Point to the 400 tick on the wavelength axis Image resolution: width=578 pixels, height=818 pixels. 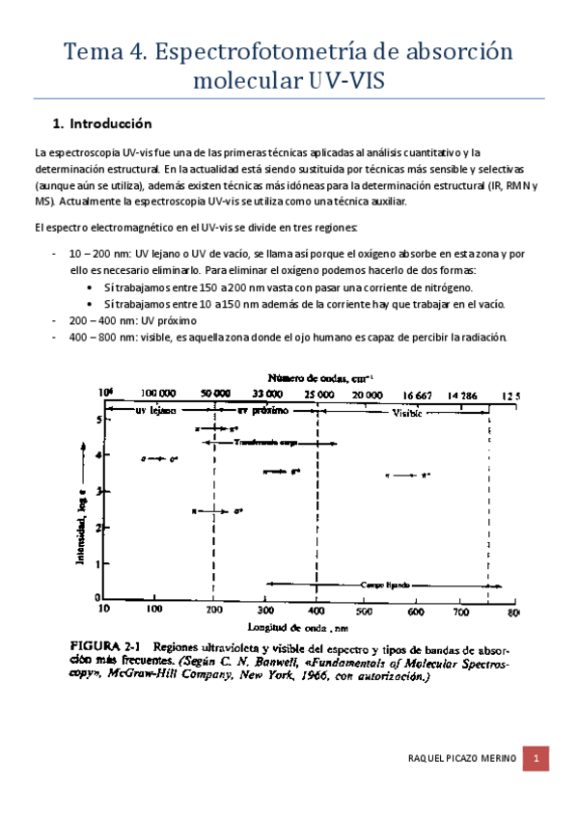coord(316,610)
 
